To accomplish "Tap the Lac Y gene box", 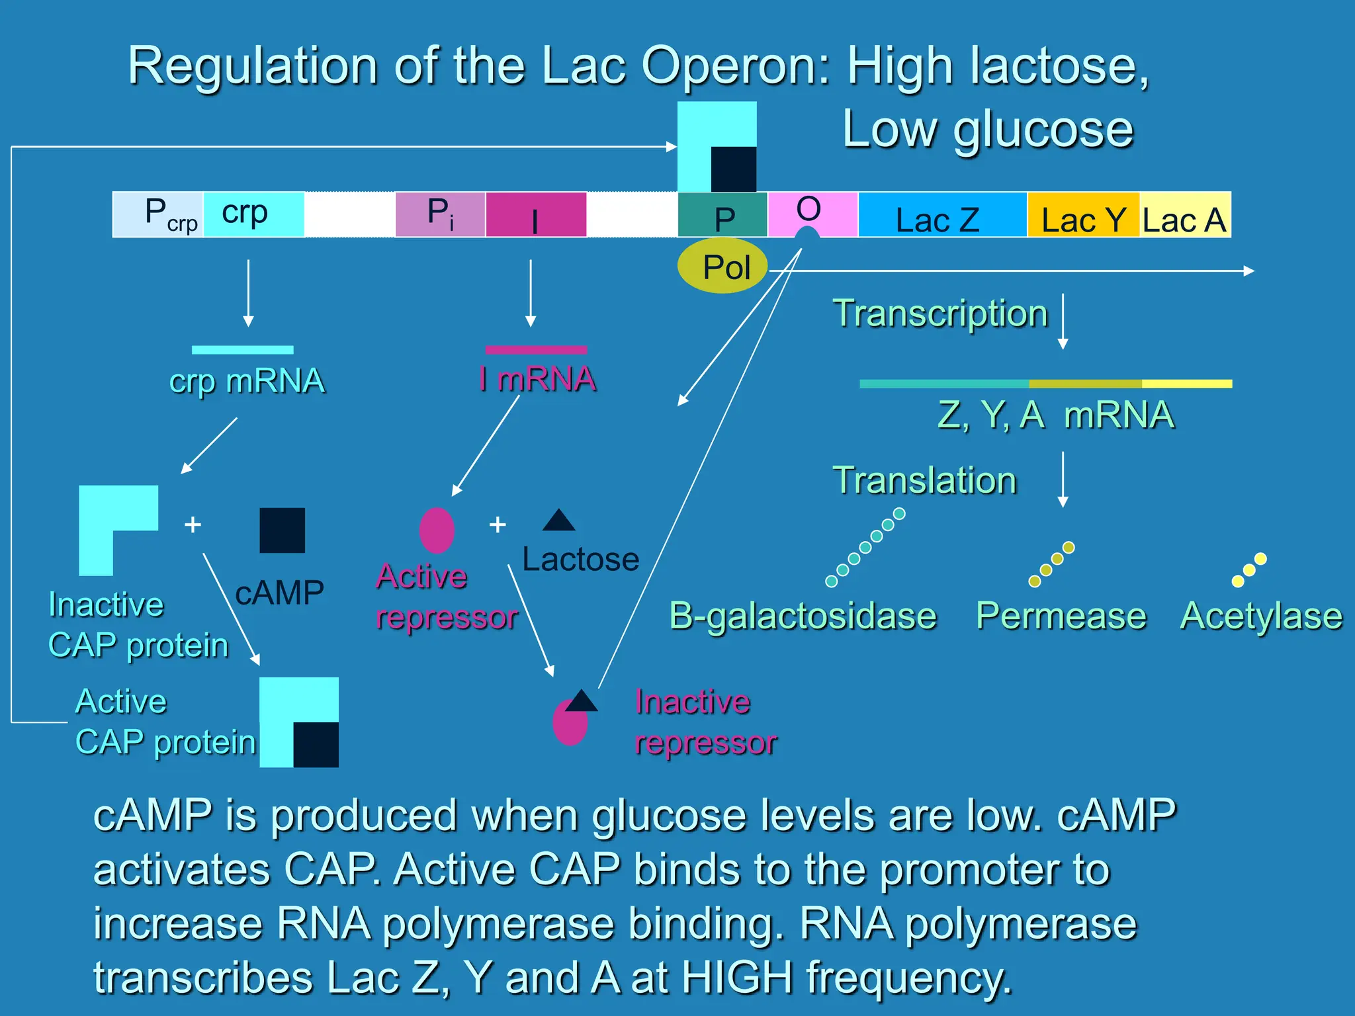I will [1083, 214].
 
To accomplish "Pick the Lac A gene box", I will [1184, 214].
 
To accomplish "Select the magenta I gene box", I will [536, 214].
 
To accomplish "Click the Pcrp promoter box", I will [159, 214].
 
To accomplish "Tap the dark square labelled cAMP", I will [282, 530].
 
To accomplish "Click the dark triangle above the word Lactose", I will [559, 521].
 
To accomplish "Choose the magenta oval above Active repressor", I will [437, 530].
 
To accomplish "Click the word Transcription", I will [940, 314].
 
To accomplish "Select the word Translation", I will [924, 480].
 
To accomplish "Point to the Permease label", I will [1061, 616].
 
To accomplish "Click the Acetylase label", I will [1261, 616].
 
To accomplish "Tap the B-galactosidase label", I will [803, 616].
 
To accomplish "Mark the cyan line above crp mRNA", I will [242, 350].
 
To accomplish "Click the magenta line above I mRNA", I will [536, 350].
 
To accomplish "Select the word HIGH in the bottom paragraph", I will [736, 978].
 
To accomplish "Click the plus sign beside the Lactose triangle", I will [498, 525].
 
